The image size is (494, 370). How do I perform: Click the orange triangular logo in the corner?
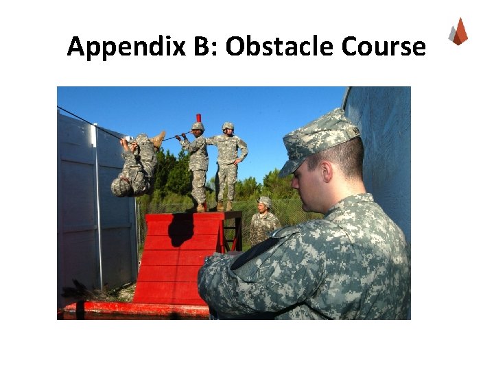(458, 32)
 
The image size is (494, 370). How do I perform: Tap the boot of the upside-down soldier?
(158, 139)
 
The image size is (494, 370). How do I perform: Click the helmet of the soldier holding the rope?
(198, 127)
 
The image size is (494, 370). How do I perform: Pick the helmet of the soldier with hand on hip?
(228, 126)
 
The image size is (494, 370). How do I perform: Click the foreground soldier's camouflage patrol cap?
(320, 140)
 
